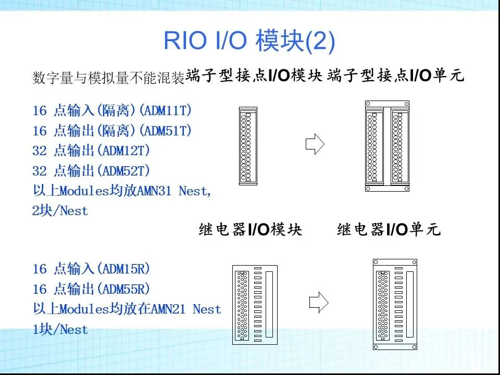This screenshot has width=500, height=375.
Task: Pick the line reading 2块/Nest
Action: [x=60, y=211]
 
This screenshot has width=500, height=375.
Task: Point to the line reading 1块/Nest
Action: [x=60, y=329]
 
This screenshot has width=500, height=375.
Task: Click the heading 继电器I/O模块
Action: [x=251, y=230]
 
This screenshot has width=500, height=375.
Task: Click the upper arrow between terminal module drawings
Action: [x=315, y=144]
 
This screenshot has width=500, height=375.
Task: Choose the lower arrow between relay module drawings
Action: [x=318, y=301]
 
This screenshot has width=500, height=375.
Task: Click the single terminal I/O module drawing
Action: [x=247, y=146]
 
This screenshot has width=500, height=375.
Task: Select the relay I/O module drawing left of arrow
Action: [x=255, y=304]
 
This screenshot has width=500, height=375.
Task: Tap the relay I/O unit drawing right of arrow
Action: [x=395, y=304]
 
